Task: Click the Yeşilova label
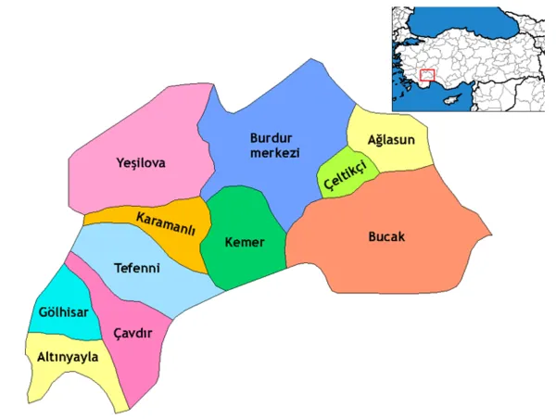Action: [x=141, y=163]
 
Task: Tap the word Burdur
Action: [x=271, y=138]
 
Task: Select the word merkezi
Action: [x=274, y=153]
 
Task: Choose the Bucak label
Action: [x=386, y=236]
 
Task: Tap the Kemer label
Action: [x=245, y=243]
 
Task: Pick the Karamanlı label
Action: [x=166, y=224]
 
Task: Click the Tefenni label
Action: [x=136, y=269]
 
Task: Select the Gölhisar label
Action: [x=63, y=311]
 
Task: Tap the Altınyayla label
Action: [x=67, y=356]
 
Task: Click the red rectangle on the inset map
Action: [x=427, y=75]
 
